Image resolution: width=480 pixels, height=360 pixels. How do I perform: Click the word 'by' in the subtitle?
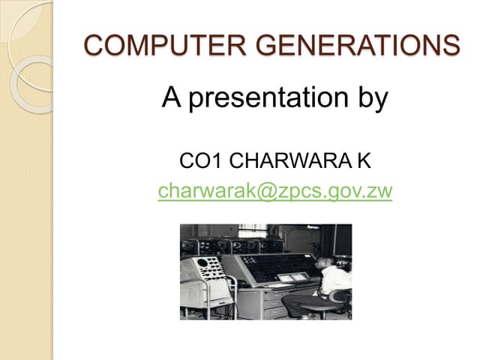(372, 99)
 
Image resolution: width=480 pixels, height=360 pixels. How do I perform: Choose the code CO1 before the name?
(197, 160)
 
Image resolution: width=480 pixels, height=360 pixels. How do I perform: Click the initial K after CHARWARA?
(364, 160)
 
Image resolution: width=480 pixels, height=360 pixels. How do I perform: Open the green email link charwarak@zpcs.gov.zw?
(275, 191)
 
